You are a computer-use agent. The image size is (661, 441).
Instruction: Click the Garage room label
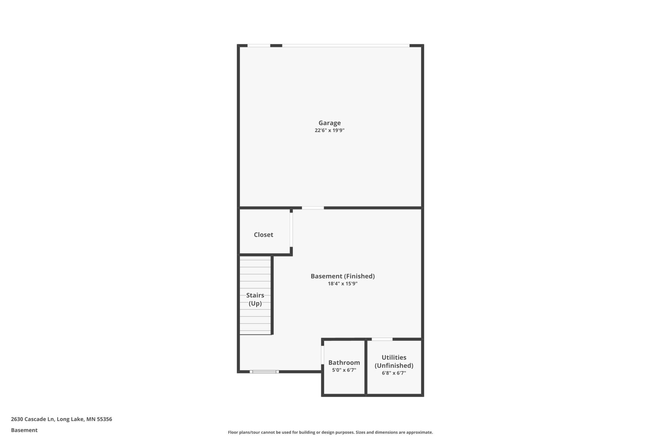click(330, 123)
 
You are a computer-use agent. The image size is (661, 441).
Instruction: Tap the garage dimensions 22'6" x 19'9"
click(330, 130)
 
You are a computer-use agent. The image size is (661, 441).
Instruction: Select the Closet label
click(263, 235)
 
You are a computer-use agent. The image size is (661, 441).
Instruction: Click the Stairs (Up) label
click(255, 299)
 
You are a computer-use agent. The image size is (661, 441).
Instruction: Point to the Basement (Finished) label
click(343, 276)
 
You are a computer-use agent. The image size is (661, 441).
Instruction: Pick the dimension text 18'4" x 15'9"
click(343, 284)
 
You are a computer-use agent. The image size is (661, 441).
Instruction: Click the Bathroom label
click(344, 363)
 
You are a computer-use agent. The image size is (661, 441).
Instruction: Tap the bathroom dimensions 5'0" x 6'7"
click(344, 370)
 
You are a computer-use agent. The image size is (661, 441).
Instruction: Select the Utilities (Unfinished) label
click(394, 361)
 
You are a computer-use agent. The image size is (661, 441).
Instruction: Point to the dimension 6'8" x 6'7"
click(394, 373)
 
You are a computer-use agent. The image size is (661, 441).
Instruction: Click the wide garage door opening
click(346, 46)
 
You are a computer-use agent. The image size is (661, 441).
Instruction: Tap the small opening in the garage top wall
click(259, 46)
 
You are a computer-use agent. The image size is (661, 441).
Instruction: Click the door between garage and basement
click(313, 208)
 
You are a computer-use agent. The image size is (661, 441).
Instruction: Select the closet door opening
click(291, 229)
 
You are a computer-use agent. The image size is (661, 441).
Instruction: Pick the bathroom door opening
click(323, 355)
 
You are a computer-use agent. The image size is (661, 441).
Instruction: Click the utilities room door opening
click(382, 339)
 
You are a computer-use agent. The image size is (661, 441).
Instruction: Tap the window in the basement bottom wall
click(264, 372)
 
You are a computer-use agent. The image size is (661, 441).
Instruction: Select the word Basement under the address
click(24, 430)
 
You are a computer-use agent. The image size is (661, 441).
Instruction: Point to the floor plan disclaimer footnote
click(330, 432)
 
